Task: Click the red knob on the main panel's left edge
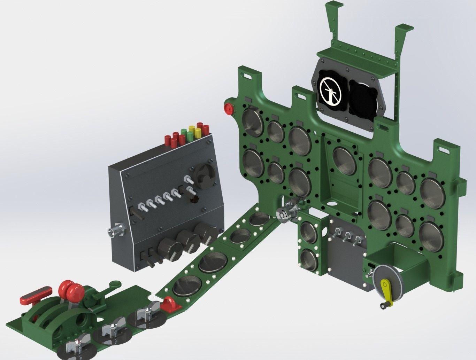229,108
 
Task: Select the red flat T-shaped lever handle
36,294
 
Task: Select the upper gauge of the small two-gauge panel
308,232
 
